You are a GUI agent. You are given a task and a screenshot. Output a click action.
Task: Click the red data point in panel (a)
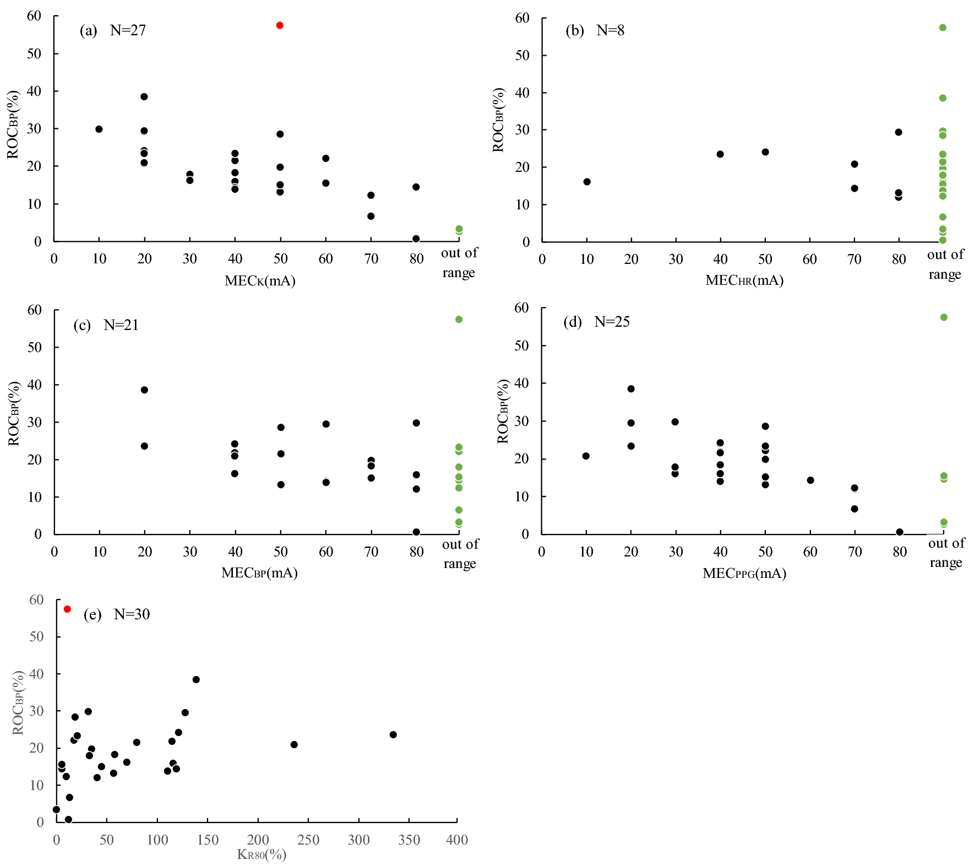pyautogui.click(x=280, y=25)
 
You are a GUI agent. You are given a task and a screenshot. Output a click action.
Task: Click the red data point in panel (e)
pyautogui.click(x=67, y=609)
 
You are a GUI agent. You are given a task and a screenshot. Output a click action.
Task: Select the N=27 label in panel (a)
pyautogui.click(x=128, y=30)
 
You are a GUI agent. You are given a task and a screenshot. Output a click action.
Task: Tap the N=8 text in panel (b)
pyautogui.click(x=610, y=30)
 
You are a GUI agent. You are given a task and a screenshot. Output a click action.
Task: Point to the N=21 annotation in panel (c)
pyautogui.click(x=121, y=325)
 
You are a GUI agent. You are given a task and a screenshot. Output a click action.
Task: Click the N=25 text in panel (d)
pyautogui.click(x=612, y=322)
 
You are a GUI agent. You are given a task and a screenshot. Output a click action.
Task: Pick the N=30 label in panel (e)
pyautogui.click(x=132, y=614)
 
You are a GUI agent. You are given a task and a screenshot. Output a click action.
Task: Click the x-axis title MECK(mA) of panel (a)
pyautogui.click(x=260, y=281)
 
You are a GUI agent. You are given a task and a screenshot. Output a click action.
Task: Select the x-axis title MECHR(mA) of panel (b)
pyautogui.click(x=744, y=280)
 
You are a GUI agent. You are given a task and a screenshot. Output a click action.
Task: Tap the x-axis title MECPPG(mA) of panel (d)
pyautogui.click(x=744, y=574)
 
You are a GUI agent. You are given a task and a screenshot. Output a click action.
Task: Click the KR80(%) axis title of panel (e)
pyautogui.click(x=262, y=855)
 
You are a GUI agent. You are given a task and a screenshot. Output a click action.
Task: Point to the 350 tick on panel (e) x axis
pyautogui.click(x=409, y=840)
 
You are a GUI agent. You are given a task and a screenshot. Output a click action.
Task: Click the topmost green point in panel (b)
pyautogui.click(x=943, y=28)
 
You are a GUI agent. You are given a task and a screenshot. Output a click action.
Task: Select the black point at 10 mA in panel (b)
pyautogui.click(x=587, y=182)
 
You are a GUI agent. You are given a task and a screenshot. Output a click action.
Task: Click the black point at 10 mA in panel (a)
pyautogui.click(x=99, y=129)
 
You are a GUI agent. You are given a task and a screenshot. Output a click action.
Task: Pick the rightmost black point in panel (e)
pyautogui.click(x=393, y=734)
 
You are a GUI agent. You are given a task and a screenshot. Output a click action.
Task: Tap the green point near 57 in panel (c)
pyautogui.click(x=459, y=320)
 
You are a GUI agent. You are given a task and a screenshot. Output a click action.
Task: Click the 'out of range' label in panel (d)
pyautogui.click(x=946, y=553)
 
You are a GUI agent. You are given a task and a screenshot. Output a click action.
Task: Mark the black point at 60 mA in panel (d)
pyautogui.click(x=810, y=480)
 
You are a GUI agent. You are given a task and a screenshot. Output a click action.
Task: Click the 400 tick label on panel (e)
pyautogui.click(x=457, y=840)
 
